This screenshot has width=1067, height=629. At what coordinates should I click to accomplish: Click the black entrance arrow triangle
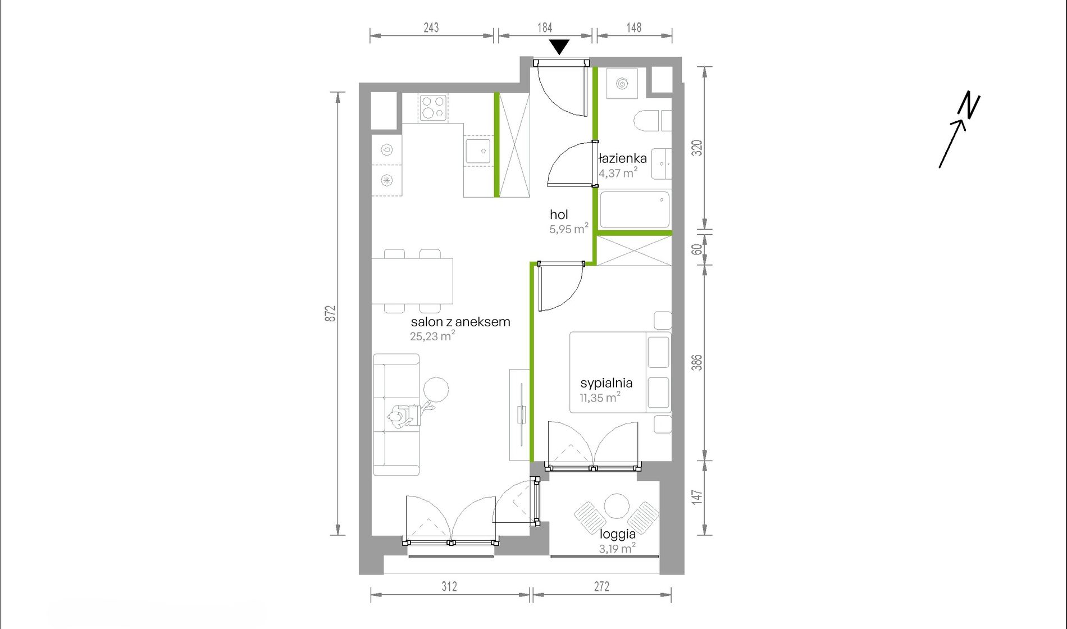pyautogui.click(x=559, y=47)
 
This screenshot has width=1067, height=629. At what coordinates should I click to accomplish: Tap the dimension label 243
pyautogui.click(x=431, y=28)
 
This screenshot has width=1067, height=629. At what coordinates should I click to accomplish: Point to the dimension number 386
pyautogui.click(x=696, y=362)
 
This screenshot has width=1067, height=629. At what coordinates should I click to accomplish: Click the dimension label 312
pyautogui.click(x=449, y=586)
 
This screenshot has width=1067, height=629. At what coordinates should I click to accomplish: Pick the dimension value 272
pyautogui.click(x=601, y=586)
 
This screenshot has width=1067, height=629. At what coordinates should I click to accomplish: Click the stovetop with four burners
pyautogui.click(x=433, y=107)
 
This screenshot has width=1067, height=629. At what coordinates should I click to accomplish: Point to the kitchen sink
pyautogui.click(x=478, y=151)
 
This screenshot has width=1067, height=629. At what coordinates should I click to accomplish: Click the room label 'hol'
pyautogui.click(x=559, y=215)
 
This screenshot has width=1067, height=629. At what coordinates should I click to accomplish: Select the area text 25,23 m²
pyautogui.click(x=432, y=336)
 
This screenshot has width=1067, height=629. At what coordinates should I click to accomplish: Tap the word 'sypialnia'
pyautogui.click(x=607, y=383)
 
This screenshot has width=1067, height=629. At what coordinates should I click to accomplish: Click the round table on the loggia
pyautogui.click(x=617, y=506)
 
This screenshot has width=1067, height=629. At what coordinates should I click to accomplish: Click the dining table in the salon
pyautogui.click(x=412, y=281)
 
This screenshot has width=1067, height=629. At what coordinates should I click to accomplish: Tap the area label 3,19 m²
pyautogui.click(x=617, y=548)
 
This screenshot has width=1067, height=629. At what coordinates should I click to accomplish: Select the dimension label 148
pyautogui.click(x=634, y=28)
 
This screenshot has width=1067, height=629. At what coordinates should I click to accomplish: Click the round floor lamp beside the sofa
pyautogui.click(x=436, y=389)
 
